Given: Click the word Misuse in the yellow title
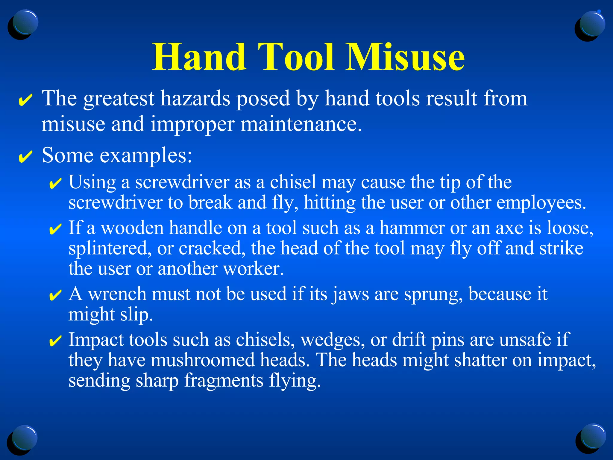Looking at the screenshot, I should pyautogui.click(x=405, y=57).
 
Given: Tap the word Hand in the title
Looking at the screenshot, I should pyautogui.click(x=199, y=57).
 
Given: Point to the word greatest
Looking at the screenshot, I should pyautogui.click(x=119, y=99).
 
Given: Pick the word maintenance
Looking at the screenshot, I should pyautogui.click(x=301, y=124).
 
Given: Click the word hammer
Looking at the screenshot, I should pyautogui.click(x=412, y=228).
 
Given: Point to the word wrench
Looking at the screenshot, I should pyautogui.click(x=117, y=294).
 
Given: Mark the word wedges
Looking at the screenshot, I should pyautogui.click(x=333, y=340).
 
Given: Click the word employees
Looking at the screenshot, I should pyautogui.click(x=541, y=203).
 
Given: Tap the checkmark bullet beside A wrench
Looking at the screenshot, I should pyautogui.click(x=55, y=295).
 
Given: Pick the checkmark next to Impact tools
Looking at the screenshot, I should pyautogui.click(x=55, y=341).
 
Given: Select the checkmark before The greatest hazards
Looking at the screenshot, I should pyautogui.click(x=25, y=100).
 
